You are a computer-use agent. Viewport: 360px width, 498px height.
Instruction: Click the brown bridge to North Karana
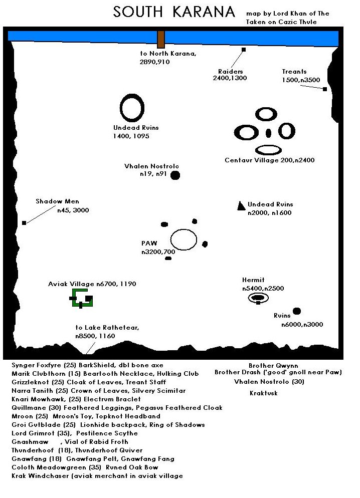161,40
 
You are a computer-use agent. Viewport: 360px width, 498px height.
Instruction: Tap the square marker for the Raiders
244,50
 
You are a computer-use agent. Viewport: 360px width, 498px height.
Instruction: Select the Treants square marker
325,89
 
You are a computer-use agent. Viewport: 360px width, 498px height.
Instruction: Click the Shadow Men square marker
24,223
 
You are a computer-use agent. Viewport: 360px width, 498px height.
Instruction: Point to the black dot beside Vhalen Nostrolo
175,175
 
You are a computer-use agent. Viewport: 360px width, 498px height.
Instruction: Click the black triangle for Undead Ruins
241,206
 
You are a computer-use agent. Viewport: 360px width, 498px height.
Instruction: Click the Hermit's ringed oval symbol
258,298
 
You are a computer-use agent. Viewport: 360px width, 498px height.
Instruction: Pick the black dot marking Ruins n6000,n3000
297,311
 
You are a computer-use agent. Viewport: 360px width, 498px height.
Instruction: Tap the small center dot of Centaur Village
268,133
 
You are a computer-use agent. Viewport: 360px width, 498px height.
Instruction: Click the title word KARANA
204,12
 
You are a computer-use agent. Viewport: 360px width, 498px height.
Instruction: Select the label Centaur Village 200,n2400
269,160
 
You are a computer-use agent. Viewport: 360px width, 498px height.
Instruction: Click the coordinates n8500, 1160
95,336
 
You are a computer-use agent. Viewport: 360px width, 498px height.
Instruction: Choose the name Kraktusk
263,393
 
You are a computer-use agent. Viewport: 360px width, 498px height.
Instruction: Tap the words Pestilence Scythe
107,433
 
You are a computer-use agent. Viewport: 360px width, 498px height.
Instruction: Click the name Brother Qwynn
273,366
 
